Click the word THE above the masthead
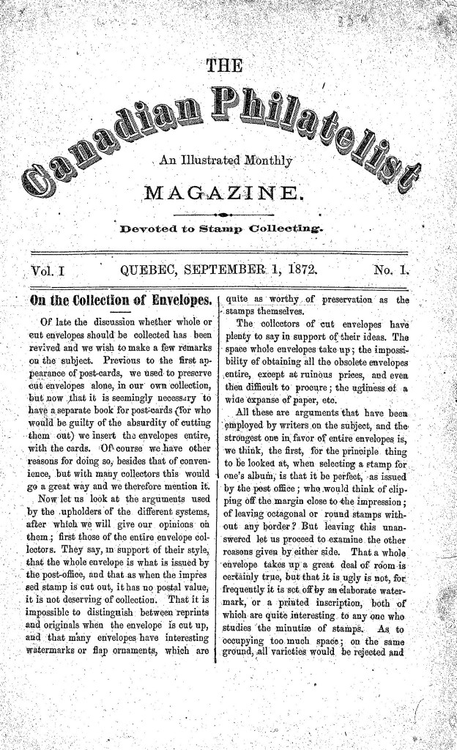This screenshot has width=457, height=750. coord(225,67)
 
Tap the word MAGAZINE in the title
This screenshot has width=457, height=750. coord(225,193)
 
